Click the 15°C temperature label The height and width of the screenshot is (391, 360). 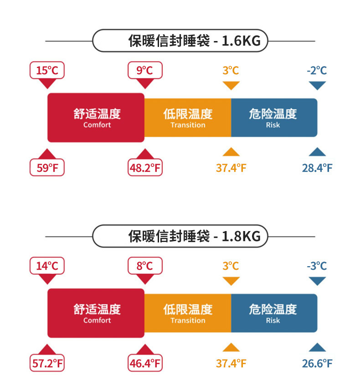click(x=47, y=71)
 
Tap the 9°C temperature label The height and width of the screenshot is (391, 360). click(x=144, y=71)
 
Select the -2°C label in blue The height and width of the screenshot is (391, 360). click(x=317, y=71)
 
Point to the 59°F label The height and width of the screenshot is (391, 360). click(x=47, y=168)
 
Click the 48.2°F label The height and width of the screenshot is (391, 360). click(x=145, y=168)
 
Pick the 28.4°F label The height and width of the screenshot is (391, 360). click(x=317, y=168)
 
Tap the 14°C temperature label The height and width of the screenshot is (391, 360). click(x=47, y=266)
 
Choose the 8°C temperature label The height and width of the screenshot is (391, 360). click(x=144, y=266)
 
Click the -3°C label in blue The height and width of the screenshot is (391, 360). click(x=317, y=266)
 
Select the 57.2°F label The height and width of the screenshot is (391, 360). click(x=47, y=363)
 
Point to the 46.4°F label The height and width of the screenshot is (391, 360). click(x=145, y=363)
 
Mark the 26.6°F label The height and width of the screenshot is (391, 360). click(x=317, y=363)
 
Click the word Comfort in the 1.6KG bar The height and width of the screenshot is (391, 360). click(x=97, y=125)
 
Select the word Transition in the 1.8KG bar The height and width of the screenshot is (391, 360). click(x=188, y=321)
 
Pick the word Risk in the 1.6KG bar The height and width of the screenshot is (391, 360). click(x=273, y=125)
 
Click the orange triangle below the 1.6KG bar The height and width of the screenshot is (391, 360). click(x=231, y=152)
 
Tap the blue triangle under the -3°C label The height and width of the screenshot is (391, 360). click(x=317, y=281)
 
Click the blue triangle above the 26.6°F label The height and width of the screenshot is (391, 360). click(x=317, y=348)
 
